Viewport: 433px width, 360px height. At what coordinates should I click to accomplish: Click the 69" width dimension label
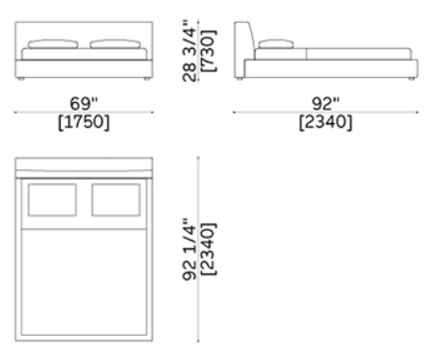[84, 103]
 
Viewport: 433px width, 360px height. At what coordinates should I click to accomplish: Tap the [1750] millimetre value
[84, 122]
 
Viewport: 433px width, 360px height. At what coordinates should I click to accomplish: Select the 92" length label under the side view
[325, 103]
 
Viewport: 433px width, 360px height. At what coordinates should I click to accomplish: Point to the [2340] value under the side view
[325, 122]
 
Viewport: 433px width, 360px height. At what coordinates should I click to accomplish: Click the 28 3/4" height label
[190, 51]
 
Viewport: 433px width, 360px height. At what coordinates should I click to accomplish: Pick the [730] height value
[209, 51]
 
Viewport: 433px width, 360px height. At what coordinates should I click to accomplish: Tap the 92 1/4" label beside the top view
[190, 249]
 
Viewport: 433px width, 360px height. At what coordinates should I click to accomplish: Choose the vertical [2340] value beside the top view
[209, 249]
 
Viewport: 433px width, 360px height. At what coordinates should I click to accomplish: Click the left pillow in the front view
[53, 44]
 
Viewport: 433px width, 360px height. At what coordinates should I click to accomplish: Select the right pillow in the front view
[115, 44]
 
